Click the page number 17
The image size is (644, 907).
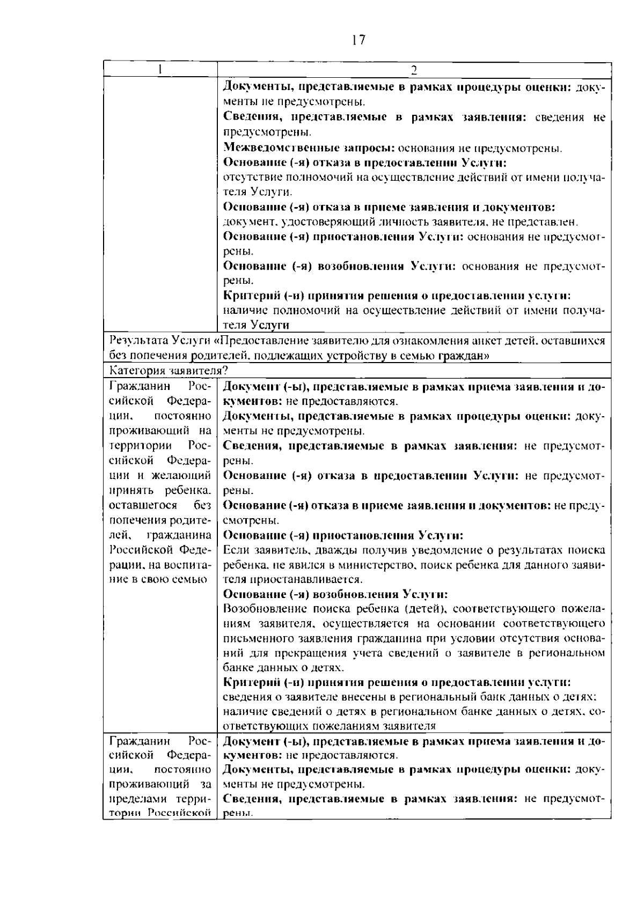tap(358, 40)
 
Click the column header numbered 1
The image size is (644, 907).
tap(160, 70)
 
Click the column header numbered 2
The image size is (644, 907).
tap(414, 70)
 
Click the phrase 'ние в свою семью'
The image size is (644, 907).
tap(158, 580)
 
